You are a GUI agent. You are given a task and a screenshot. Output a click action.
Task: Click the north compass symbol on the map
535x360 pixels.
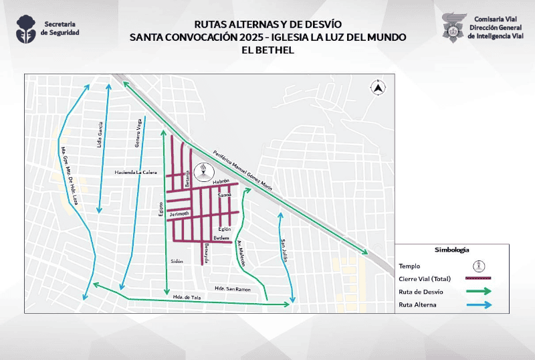click(378, 87)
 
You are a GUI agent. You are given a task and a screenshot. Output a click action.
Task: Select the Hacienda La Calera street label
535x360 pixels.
click(136, 173)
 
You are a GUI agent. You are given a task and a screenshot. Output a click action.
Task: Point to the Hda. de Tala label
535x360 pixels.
click(187, 296)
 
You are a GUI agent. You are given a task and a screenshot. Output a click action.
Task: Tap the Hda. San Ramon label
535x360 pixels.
click(233, 288)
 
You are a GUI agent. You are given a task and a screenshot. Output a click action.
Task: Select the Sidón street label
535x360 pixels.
click(177, 261)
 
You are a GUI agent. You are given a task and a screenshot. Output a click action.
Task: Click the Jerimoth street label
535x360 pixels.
click(180, 213)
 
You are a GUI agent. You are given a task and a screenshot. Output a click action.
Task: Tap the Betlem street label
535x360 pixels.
click(221, 238)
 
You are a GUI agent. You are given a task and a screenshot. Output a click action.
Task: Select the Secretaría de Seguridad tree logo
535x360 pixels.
click(27, 28)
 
